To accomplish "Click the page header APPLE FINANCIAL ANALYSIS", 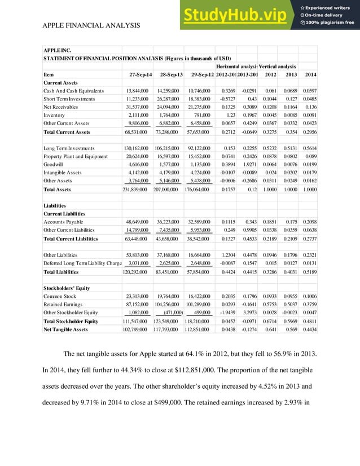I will pos(91,26).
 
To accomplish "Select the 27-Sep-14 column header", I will pos(138,74).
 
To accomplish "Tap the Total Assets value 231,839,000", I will pos(135,190).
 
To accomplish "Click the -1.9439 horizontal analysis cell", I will pos(226,313).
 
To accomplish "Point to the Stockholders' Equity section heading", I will pos(67,288).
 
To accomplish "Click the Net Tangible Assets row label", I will pos(65,329).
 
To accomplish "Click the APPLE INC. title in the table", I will pos(58,50).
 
